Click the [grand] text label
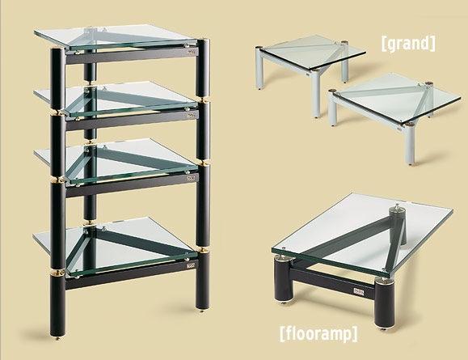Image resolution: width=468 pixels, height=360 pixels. (408, 44)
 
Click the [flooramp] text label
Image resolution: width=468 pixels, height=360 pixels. (318, 334)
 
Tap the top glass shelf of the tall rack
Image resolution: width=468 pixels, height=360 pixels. (116, 37)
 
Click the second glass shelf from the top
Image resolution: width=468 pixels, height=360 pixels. (116, 99)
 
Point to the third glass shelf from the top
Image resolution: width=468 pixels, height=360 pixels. (116, 160)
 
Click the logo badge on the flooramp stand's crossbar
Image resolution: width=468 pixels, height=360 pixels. (358, 291)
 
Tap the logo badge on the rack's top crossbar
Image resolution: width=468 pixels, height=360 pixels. (191, 52)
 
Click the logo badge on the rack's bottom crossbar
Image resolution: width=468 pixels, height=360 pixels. (191, 265)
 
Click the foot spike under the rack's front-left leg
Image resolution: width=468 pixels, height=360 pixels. (57, 339)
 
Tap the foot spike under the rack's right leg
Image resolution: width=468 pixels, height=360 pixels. (202, 311)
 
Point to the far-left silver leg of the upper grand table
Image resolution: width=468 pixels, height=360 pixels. (259, 69)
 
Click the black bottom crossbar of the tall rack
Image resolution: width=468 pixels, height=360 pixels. (131, 273)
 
